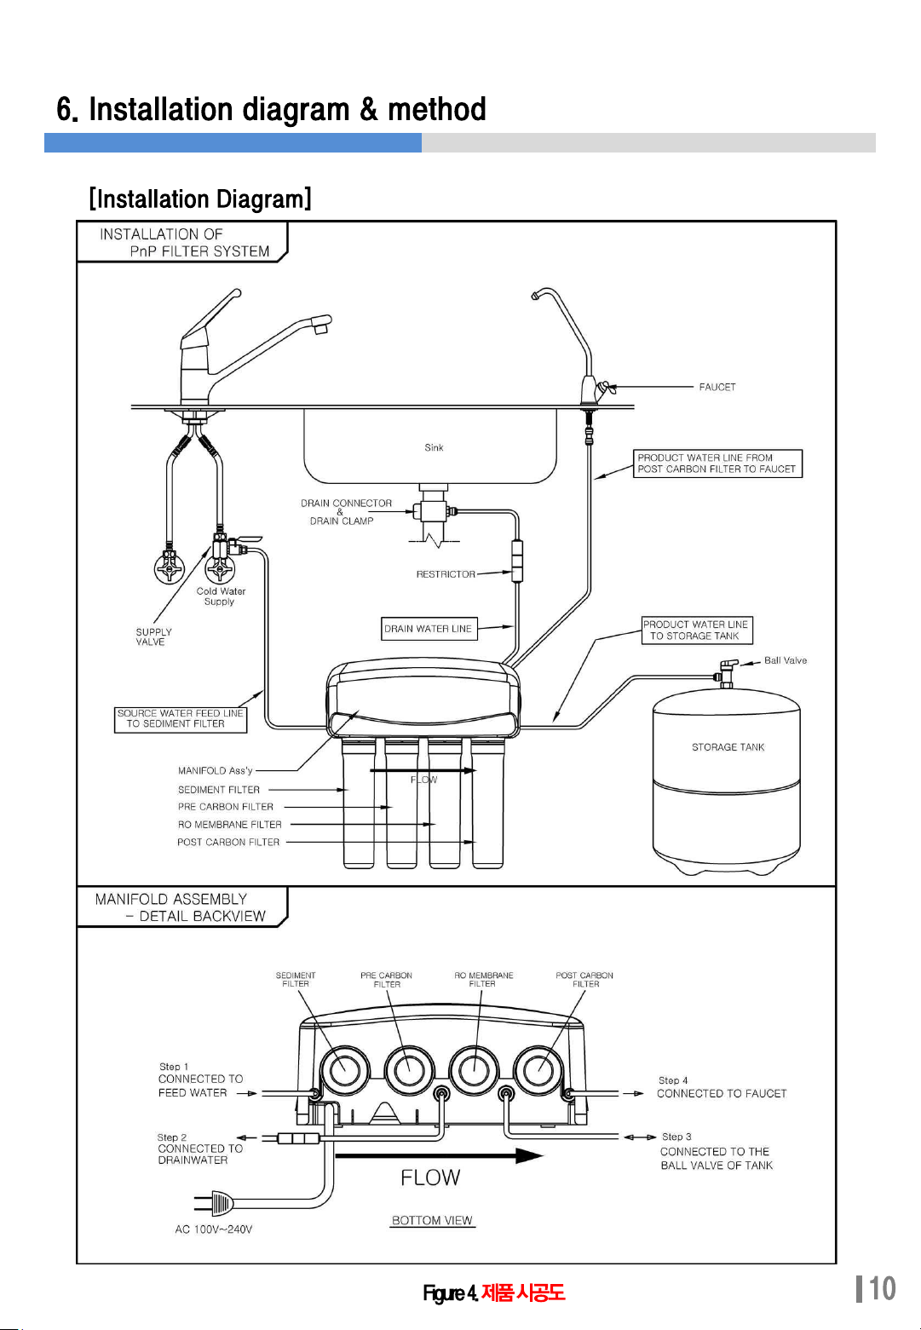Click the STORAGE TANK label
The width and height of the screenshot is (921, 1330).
[x=728, y=747]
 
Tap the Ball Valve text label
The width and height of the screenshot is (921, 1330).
[x=785, y=660]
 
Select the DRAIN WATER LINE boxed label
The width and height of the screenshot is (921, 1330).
[x=429, y=629]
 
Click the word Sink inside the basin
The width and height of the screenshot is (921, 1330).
[x=434, y=447]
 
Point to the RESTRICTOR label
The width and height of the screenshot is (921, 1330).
[x=446, y=574]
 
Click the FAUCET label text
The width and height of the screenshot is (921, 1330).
[x=717, y=387]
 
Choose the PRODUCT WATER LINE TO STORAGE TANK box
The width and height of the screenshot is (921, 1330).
[x=697, y=630]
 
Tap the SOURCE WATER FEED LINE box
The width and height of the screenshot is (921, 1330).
[x=181, y=720]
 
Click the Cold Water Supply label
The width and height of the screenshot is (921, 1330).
[x=221, y=596]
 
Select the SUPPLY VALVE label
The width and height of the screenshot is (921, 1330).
[x=153, y=637]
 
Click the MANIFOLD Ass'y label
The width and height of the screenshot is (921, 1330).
[x=215, y=771]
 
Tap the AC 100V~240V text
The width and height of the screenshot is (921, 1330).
[x=214, y=1229]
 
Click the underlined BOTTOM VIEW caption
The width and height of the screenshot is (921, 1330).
[x=432, y=1221]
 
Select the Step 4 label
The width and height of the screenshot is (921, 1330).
[x=673, y=1080]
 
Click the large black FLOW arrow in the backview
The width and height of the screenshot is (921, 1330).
[x=440, y=1155]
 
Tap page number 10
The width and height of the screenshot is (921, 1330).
[x=882, y=1289]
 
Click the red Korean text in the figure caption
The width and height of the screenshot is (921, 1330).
[x=522, y=1293]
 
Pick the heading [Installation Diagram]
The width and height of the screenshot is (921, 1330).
[x=200, y=199]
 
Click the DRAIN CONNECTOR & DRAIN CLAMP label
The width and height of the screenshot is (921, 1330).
[x=346, y=512]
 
